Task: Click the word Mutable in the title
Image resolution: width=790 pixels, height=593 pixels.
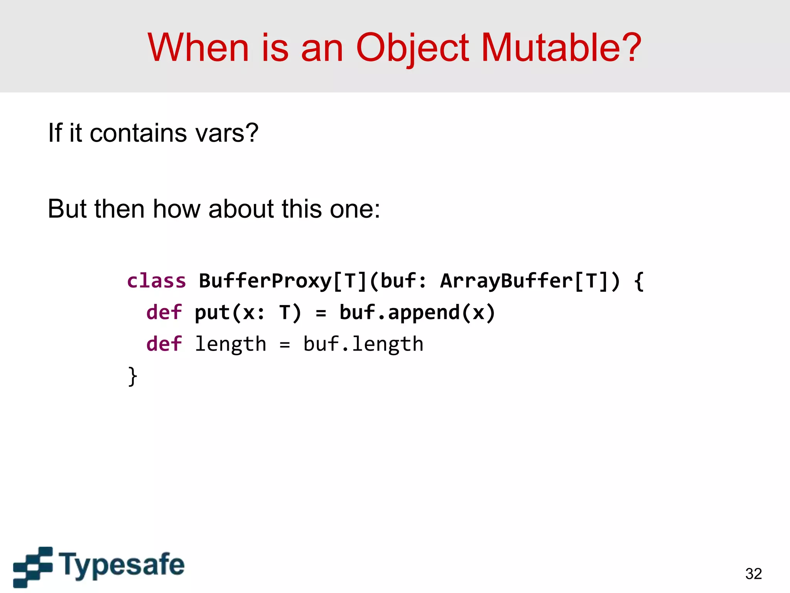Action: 561,47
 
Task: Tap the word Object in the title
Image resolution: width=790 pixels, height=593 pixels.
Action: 412,47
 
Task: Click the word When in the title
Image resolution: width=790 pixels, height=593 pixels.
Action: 198,47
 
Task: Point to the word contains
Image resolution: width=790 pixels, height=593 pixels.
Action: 138,133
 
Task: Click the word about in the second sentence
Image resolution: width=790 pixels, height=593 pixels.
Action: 241,209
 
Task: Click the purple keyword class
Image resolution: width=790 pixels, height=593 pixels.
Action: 157,281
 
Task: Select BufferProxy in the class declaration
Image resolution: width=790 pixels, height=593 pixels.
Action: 265,281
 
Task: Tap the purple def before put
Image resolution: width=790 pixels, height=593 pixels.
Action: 164,312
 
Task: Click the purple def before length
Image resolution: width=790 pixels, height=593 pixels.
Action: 164,344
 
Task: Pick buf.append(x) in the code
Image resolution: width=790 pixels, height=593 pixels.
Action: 417,312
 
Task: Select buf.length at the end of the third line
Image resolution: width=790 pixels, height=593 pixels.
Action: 363,344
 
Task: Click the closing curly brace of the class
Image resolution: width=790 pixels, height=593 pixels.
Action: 132,376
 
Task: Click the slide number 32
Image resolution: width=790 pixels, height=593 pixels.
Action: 753,574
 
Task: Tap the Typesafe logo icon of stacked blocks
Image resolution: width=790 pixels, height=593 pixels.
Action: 33,566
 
